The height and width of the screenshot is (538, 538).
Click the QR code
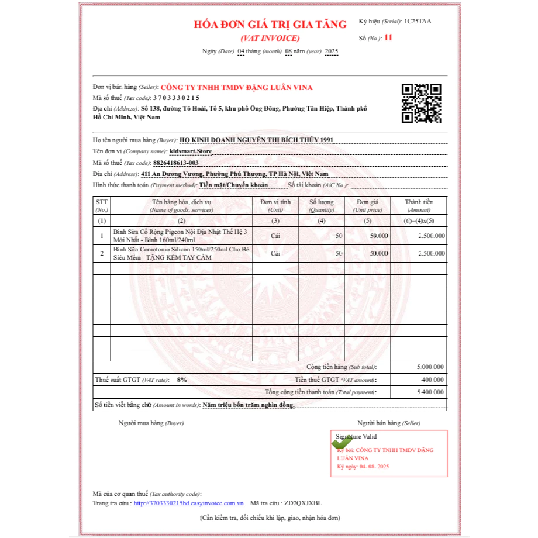click(x=421, y=104)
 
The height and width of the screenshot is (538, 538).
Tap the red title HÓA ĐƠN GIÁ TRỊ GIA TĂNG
click(x=270, y=25)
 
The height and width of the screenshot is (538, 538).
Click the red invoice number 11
click(x=389, y=39)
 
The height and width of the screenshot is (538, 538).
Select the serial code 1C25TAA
click(x=418, y=22)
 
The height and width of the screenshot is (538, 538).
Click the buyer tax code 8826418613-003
click(x=176, y=163)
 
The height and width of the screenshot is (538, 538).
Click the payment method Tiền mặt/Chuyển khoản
click(x=233, y=185)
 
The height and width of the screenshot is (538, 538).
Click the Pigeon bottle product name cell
click(x=181, y=236)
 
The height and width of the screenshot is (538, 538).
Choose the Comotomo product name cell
click(x=181, y=253)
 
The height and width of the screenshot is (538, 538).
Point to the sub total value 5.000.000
click(x=430, y=367)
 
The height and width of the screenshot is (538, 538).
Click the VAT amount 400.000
click(x=433, y=380)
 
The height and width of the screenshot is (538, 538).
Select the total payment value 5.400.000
click(x=430, y=392)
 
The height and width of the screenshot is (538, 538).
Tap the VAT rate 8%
click(x=182, y=380)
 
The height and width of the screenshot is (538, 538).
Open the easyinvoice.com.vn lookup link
click(x=188, y=503)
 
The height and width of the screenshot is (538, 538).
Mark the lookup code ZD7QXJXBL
click(x=302, y=503)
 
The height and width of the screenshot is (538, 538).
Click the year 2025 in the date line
click(x=332, y=51)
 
